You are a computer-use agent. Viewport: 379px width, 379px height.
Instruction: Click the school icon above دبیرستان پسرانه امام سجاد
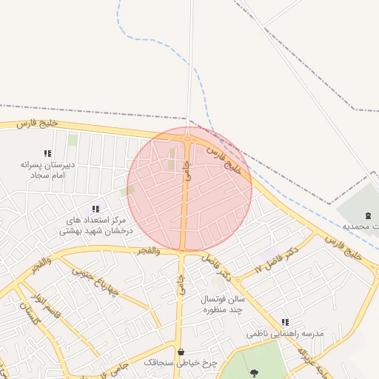click(47, 154)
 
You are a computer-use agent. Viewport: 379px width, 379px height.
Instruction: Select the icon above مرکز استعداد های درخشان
click(95, 209)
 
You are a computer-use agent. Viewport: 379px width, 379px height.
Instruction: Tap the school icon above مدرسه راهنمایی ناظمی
click(285, 322)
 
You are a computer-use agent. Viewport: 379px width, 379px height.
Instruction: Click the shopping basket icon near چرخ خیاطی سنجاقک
click(181, 352)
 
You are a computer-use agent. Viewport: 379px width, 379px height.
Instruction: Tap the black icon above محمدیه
click(369, 214)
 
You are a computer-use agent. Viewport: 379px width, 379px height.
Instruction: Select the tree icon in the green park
click(255, 373)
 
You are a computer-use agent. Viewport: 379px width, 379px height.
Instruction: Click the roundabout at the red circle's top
click(188, 138)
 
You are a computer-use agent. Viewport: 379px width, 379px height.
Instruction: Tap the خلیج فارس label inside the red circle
click(224, 158)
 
